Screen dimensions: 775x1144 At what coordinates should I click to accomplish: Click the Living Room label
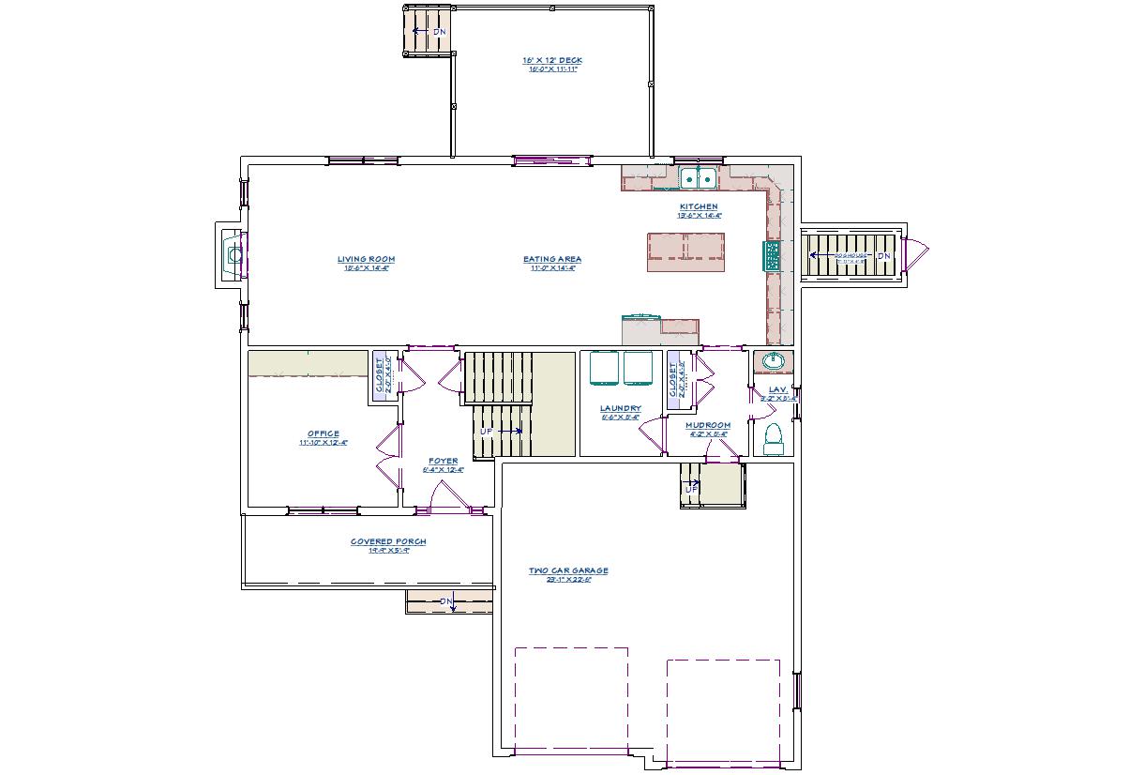[366, 259]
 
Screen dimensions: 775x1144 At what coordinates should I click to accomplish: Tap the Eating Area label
[552, 259]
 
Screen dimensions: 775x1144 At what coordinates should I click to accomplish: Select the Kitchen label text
[699, 206]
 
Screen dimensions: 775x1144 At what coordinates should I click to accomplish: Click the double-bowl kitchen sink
[698, 178]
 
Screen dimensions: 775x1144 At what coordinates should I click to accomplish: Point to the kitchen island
[686, 251]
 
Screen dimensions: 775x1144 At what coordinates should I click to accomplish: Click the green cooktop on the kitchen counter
[773, 255]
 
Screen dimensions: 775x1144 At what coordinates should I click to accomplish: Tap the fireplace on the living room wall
[231, 253]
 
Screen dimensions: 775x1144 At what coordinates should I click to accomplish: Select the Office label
[324, 433]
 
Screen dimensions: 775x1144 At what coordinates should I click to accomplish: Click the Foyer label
[444, 461]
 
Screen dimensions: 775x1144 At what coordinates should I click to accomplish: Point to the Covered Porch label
[388, 541]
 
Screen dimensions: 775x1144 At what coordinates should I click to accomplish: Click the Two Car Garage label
[568, 570]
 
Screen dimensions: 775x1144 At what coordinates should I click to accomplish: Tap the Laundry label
[620, 408]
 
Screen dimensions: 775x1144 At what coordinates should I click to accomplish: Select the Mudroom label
[707, 425]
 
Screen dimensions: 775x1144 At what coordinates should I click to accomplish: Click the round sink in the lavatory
[774, 361]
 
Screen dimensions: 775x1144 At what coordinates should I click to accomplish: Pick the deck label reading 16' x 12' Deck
[552, 60]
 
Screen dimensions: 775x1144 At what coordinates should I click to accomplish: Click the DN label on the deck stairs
[439, 32]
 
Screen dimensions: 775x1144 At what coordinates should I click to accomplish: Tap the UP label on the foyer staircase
[487, 431]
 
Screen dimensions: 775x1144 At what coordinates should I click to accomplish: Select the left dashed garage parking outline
[571, 699]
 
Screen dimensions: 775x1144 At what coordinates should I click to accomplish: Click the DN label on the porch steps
[446, 600]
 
